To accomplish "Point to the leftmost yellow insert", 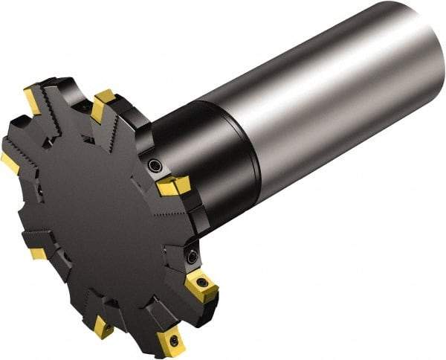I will tap(10, 162).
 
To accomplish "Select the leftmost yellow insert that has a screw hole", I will tap(103, 327).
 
